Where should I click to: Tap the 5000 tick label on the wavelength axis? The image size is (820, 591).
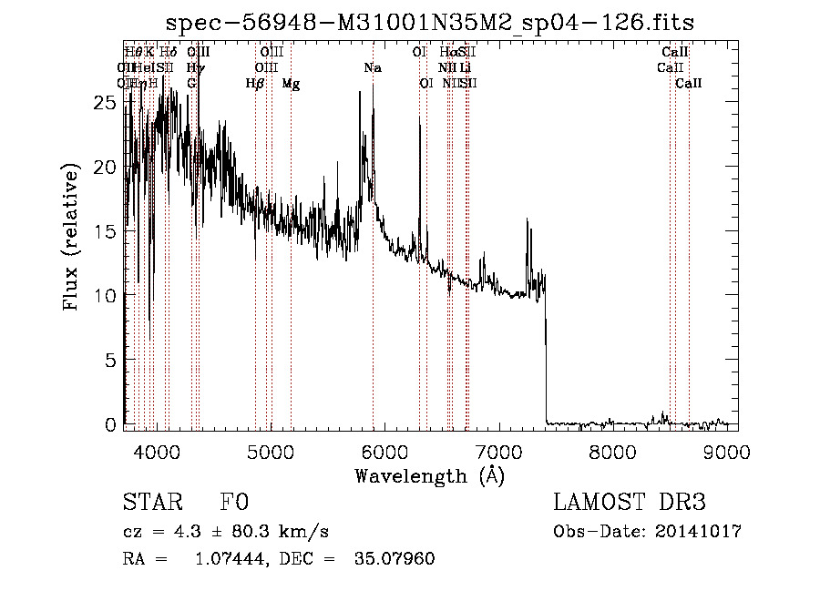pos(270,452)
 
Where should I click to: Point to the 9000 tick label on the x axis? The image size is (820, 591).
pos(726,452)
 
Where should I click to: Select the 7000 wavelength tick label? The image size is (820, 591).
pos(497,452)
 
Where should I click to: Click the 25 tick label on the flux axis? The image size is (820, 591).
pos(107,104)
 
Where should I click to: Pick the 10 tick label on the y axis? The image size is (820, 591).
pos(107,296)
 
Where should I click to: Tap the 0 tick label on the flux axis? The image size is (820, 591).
pos(112,424)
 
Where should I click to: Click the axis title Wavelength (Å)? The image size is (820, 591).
pos(429,475)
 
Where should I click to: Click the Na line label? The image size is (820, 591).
pos(373,68)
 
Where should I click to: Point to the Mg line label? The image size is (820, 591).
pos(291,84)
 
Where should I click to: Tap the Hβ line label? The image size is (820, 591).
pos(255,84)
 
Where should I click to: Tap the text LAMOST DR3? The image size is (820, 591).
pos(630,504)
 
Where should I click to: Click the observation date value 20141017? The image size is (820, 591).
pos(700,532)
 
